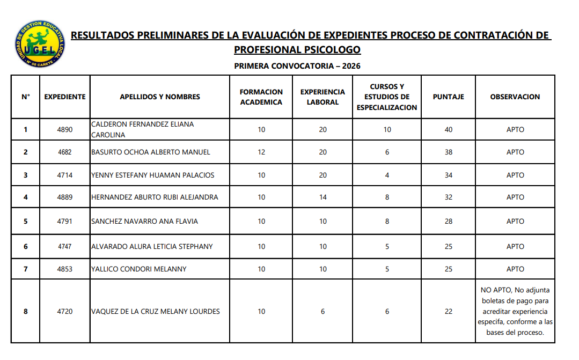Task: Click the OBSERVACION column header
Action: pos(515,97)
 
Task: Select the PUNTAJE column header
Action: pos(448,97)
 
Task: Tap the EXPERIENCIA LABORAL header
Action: pos(323,97)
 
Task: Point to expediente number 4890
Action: pos(64,129)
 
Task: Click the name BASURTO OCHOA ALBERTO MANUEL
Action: pos(151,152)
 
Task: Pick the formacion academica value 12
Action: pos(261,152)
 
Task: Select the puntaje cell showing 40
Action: pos(448,129)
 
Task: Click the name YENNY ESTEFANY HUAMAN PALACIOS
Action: pos(153,175)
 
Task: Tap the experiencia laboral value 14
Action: pos(323,197)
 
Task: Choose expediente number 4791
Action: pos(64,221)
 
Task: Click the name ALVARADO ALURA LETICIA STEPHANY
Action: pos(152,247)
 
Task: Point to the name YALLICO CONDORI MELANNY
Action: pos(139,269)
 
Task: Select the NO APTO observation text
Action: pos(515,311)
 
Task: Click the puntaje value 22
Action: pos(448,312)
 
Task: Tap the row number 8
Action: pos(25,312)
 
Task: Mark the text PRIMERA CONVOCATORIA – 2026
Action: pos(297,66)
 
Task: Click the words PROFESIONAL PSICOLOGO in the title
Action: pos(297,50)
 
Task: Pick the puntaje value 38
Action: pos(448,152)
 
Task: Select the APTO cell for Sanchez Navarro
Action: pos(515,221)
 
